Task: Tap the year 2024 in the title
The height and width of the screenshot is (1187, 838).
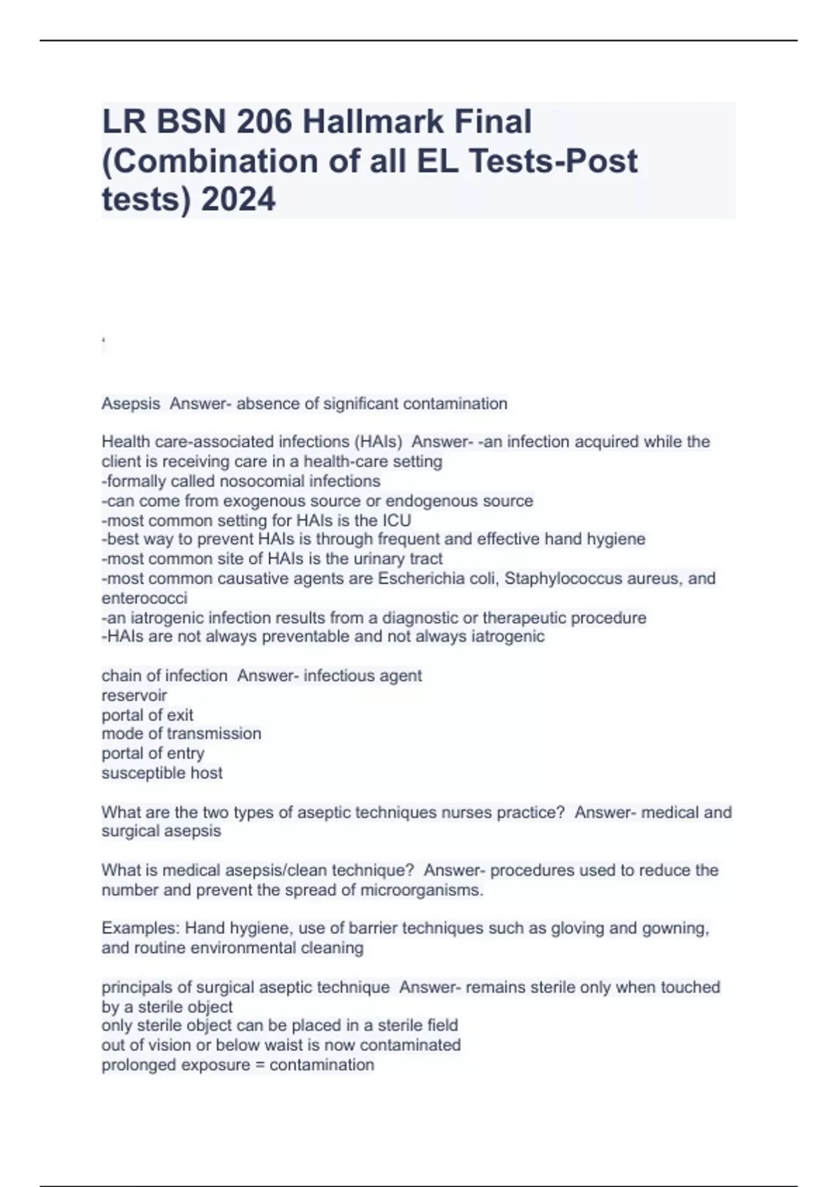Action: click(238, 200)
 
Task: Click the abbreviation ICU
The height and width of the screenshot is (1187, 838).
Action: click(396, 520)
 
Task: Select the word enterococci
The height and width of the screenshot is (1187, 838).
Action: click(145, 598)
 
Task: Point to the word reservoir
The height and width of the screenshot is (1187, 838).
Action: click(134, 695)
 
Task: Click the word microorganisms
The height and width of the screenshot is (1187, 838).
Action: click(421, 890)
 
